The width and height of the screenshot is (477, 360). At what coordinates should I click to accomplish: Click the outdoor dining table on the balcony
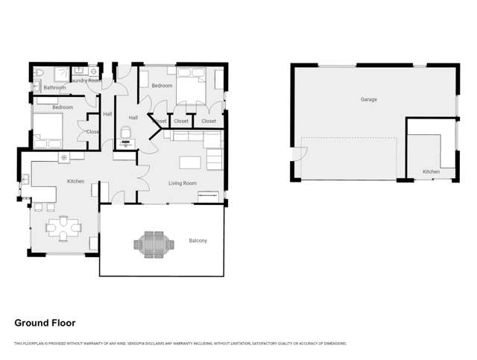154,243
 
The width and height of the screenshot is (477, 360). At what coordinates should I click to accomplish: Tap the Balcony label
198,241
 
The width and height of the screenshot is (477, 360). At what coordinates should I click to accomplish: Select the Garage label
368,99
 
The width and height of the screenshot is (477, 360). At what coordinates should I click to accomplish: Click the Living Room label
182,183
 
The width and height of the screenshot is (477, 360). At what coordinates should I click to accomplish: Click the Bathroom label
54,88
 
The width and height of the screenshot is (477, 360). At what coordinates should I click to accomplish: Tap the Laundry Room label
84,79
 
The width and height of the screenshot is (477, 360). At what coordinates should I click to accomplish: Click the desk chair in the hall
126,133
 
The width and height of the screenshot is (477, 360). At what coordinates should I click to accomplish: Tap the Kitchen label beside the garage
431,172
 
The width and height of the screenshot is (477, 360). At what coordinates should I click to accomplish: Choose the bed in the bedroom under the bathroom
47,133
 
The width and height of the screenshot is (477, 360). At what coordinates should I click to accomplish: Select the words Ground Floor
45,323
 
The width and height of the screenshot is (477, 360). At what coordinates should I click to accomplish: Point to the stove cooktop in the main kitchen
64,157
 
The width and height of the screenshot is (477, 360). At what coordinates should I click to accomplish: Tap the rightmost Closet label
209,121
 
